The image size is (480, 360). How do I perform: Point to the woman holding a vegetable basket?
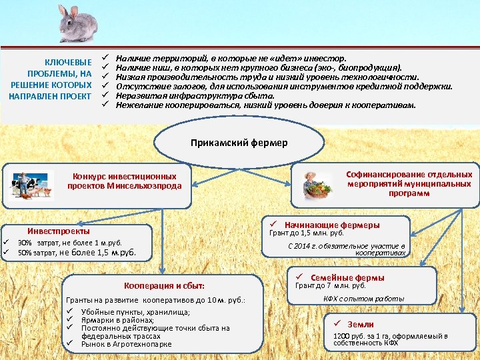(x=315, y=184)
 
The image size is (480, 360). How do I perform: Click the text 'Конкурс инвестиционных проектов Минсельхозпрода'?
(x=125, y=181)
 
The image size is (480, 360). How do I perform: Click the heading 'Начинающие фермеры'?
(x=331, y=225)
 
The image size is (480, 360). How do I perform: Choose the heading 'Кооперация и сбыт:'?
(x=165, y=285)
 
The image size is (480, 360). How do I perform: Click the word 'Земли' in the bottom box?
(x=361, y=324)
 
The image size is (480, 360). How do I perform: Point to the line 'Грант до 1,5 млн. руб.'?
(x=306, y=233)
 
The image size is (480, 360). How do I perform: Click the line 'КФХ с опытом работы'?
(x=364, y=299)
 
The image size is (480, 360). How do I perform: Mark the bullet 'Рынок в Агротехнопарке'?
(x=126, y=344)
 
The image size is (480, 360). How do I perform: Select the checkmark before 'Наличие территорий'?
(x=105, y=59)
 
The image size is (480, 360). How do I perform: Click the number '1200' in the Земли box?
(x=341, y=336)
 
